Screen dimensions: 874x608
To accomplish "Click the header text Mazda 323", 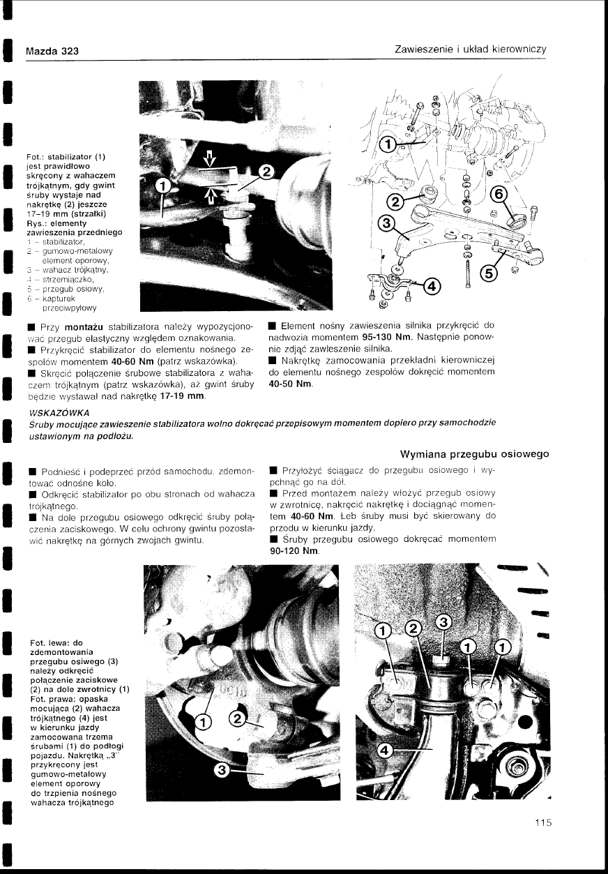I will (x=52, y=51).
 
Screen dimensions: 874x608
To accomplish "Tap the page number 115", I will (x=543, y=822).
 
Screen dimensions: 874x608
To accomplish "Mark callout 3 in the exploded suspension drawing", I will (x=386, y=224).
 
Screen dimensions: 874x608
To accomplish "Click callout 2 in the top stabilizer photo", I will (x=266, y=172).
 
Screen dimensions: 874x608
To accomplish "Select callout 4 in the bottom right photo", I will (x=385, y=750).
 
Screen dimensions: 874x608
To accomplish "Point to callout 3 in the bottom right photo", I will (x=443, y=622).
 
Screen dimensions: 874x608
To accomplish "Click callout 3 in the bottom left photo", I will (x=222, y=770).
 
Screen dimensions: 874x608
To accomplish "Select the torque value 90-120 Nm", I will (x=294, y=551).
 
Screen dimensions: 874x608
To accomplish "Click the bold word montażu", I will (x=84, y=326).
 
